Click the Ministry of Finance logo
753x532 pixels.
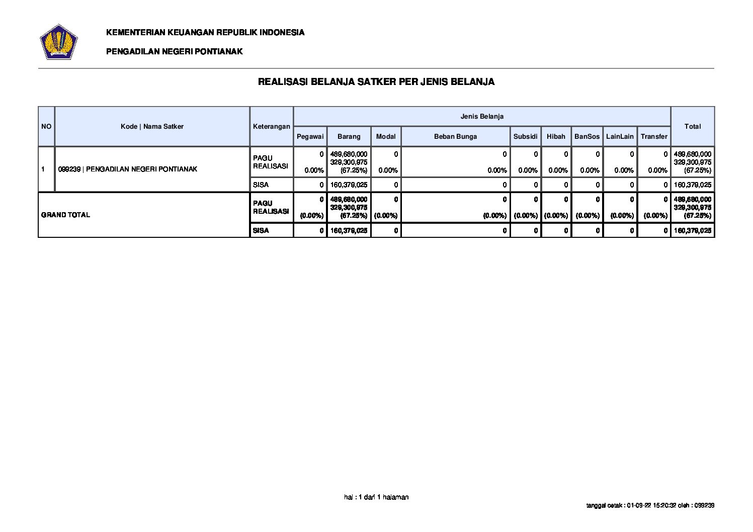coord(58,42)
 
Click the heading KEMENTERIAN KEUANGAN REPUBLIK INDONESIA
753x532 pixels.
coord(205,32)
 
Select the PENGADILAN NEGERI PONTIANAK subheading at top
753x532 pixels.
coord(174,51)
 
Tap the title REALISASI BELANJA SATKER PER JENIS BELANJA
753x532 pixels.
coord(376,81)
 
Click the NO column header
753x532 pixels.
coord(46,126)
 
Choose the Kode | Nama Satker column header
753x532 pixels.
coord(152,126)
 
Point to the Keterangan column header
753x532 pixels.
coord(272,126)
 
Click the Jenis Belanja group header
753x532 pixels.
coord(482,116)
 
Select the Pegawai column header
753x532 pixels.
coord(310,136)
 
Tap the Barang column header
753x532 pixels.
coord(349,136)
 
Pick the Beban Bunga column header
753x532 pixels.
coord(455,136)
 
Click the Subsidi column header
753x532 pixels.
coord(525,136)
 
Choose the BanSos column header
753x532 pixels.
coord(587,136)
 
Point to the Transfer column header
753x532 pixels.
coord(654,136)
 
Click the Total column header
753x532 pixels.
coord(692,126)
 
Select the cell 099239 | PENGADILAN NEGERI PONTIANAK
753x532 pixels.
coord(128,169)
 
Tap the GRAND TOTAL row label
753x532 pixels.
coord(65,215)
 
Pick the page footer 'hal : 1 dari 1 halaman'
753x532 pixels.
coord(376,497)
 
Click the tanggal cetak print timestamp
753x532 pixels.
coord(650,505)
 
